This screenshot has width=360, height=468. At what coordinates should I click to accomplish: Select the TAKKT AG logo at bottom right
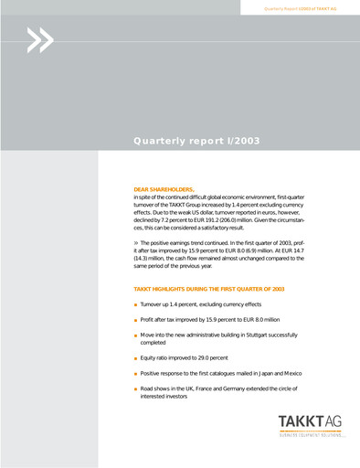point(312,429)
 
